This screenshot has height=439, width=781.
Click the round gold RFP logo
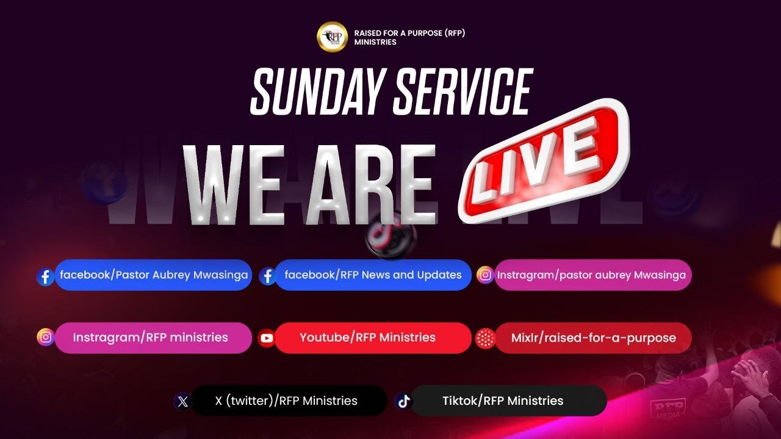tap(332, 37)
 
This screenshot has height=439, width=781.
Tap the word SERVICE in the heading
tap(464, 92)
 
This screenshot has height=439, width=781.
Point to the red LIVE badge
tap(544, 160)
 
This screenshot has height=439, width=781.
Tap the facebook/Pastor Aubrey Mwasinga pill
tap(154, 275)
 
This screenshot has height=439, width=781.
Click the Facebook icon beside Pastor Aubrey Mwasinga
tap(45, 277)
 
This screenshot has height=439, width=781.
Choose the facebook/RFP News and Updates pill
tap(373, 275)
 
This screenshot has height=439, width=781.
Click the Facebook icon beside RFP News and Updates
tap(267, 277)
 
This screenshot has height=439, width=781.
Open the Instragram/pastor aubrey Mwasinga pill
tap(591, 275)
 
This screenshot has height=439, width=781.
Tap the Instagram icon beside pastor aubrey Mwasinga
tap(485, 275)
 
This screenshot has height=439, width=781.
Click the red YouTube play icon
tap(267, 338)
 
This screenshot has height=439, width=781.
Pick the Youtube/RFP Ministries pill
tap(368, 338)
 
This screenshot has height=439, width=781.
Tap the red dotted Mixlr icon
tap(485, 338)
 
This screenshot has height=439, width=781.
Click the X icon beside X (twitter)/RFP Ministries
tap(183, 401)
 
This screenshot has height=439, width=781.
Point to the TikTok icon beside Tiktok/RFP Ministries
tap(403, 401)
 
